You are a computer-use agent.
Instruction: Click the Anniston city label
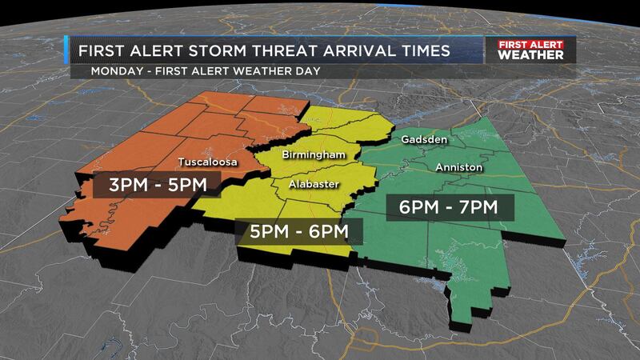click(x=458, y=167)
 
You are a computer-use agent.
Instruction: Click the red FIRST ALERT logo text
click(x=530, y=46)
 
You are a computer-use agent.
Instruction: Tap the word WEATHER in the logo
click(x=530, y=56)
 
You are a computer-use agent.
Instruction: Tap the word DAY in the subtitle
click(x=305, y=71)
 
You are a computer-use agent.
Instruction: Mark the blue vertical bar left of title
click(x=67, y=51)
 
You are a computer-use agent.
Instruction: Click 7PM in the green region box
click(x=478, y=207)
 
